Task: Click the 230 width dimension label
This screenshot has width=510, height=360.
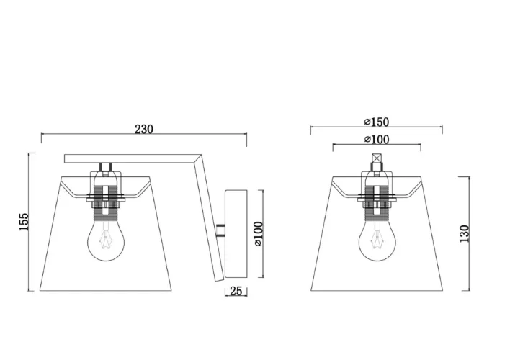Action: (144, 129)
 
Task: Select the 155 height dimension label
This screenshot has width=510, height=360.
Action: (24, 222)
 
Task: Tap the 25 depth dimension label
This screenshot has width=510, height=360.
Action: (236, 291)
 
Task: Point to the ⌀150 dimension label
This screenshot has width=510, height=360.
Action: (377, 122)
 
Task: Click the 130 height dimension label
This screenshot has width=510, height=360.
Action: (465, 233)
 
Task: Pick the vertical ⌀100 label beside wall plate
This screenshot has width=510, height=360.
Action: (259, 234)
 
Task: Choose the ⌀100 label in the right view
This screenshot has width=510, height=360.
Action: (377, 140)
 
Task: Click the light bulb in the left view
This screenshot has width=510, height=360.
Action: (105, 240)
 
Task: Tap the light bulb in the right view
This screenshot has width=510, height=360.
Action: (377, 240)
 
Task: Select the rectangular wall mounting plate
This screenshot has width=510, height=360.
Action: (236, 234)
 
